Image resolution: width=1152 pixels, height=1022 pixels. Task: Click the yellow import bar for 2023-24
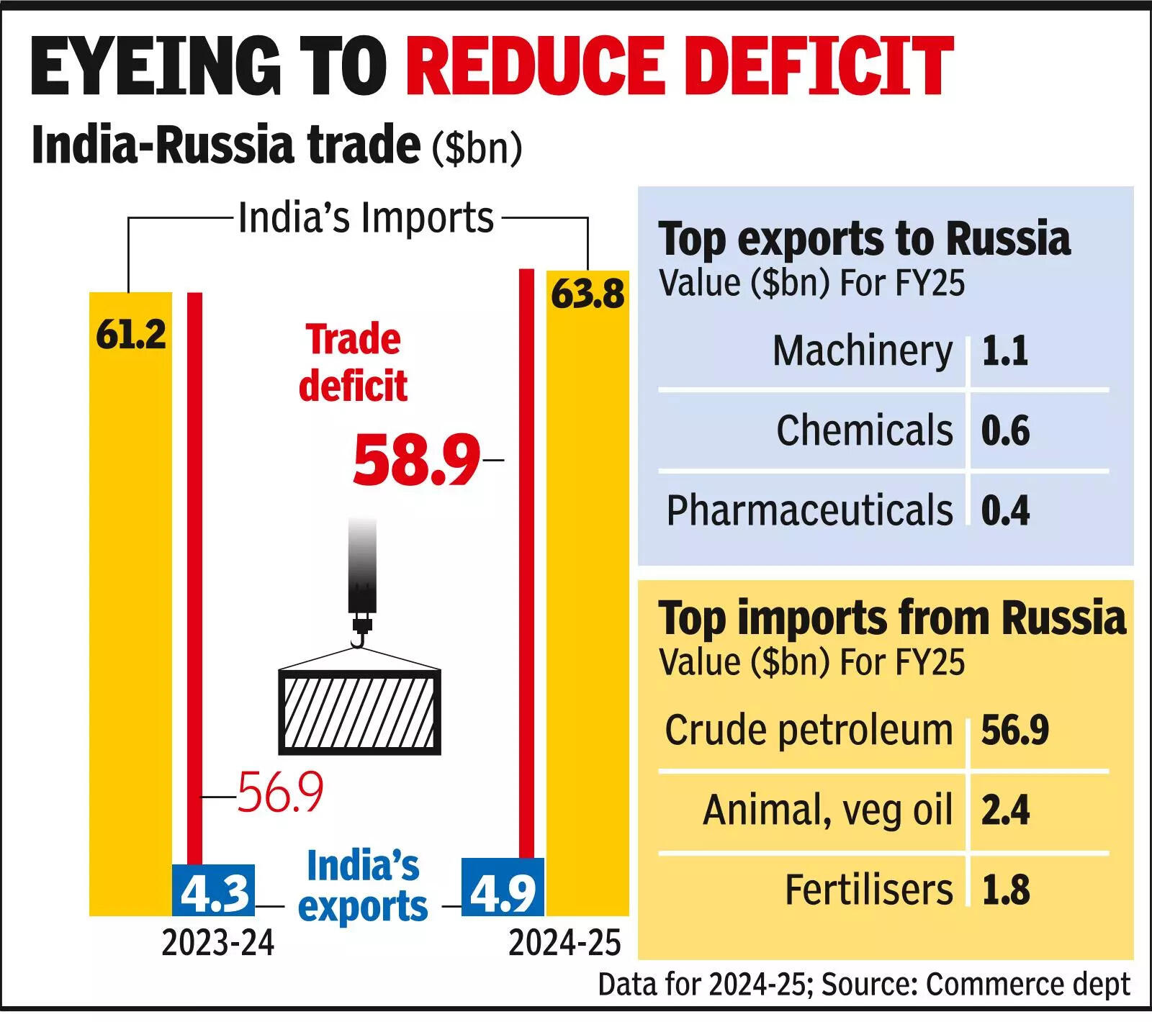point(130,605)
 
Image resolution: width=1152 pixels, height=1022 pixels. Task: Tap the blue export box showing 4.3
point(215,890)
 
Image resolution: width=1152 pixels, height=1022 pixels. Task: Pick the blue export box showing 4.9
point(502,887)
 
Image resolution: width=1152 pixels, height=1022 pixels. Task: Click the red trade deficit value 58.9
point(416,459)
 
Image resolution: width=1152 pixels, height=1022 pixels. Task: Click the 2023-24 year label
point(217,943)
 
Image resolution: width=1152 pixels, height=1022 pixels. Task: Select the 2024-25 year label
point(564,943)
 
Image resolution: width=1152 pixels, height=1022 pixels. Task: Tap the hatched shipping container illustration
point(359,712)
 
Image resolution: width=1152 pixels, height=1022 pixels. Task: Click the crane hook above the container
point(360,633)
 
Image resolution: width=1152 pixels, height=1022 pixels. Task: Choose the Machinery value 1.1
point(1004,351)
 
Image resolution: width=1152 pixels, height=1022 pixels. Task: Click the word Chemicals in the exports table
point(864,430)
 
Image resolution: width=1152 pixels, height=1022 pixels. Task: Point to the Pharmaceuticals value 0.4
point(1005,510)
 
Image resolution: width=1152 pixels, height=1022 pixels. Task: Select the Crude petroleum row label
point(809,731)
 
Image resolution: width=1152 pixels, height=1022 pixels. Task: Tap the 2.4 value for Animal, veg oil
point(1005,810)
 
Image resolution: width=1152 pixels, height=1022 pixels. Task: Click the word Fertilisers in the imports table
point(868,890)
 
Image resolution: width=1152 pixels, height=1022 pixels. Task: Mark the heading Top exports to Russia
point(864,239)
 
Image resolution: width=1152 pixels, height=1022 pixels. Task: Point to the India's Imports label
point(366,217)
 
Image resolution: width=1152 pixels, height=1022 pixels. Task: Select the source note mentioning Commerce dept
point(864,985)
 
